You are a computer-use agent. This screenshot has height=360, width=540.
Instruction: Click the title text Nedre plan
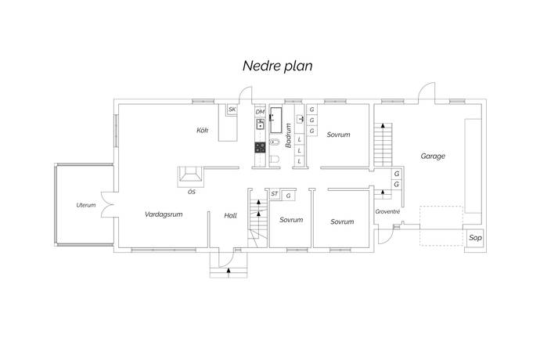(278, 66)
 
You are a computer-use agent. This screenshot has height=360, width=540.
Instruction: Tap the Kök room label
(203, 130)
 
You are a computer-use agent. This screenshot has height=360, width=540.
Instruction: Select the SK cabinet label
(232, 110)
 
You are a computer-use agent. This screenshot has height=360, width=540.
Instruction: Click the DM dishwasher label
(260, 112)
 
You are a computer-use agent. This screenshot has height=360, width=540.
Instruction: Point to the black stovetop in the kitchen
(260, 147)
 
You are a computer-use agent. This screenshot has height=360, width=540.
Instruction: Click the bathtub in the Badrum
(275, 120)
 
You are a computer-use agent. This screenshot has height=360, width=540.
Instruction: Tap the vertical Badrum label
(288, 135)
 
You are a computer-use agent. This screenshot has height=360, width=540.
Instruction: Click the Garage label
(433, 156)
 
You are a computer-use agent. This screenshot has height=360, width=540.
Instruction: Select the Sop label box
(475, 238)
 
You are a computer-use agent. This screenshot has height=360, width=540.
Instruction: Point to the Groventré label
(387, 211)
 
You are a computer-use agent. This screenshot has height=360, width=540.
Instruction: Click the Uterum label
(86, 205)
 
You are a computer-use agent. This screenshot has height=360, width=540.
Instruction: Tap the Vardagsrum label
(164, 214)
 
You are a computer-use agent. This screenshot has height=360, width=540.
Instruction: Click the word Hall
(230, 216)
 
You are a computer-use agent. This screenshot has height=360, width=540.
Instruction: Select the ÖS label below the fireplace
(192, 192)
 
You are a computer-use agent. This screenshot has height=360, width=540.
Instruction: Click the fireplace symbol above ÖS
(191, 174)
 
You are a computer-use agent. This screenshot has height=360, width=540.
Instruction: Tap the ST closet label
(274, 194)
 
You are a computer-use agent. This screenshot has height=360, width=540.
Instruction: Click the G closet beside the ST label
(288, 196)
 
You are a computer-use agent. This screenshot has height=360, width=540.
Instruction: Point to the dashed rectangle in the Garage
(441, 225)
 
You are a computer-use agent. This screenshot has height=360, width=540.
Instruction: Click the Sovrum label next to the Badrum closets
(338, 135)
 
